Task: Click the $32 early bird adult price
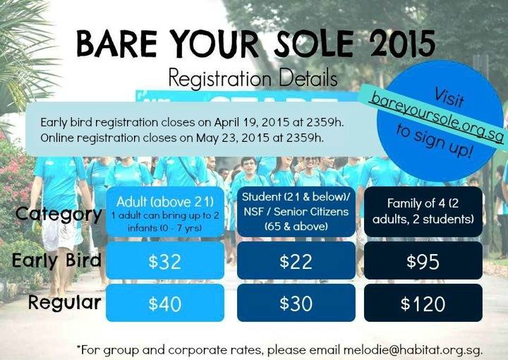(164, 261)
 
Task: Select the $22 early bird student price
(296, 261)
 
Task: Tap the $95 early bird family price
(423, 261)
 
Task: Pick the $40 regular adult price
(164, 304)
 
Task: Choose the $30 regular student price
(296, 304)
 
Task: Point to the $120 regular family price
(423, 304)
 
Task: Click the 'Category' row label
(59, 215)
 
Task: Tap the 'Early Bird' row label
(56, 260)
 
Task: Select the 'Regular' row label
(64, 303)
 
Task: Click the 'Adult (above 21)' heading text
(165, 202)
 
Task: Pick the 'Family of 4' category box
(423, 211)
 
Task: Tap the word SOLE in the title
(313, 43)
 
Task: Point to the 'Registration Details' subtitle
(253, 78)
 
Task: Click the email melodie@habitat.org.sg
(413, 350)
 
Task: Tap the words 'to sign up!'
(434, 141)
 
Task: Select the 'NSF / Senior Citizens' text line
(296, 212)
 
